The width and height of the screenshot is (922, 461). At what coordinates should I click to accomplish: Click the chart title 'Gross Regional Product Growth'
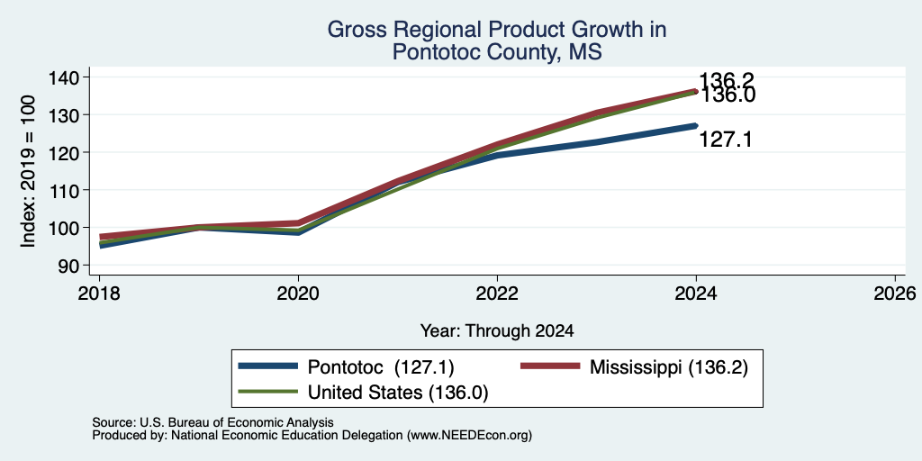pos(497,30)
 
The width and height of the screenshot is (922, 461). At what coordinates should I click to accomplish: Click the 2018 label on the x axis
pos(99,293)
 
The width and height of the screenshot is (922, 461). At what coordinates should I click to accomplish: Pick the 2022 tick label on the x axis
pos(497,293)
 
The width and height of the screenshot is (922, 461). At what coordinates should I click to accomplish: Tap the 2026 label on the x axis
pos(896,293)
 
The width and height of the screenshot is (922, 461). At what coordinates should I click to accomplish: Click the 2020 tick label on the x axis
pos(298,293)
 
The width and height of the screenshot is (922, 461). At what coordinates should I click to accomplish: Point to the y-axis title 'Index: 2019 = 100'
pos(28,171)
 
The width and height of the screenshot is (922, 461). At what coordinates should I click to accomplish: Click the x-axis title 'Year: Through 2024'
pos(497,331)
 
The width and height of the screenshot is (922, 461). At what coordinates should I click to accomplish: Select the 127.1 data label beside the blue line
pos(726,140)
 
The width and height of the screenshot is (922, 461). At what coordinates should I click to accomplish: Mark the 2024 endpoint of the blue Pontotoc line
pos(696,125)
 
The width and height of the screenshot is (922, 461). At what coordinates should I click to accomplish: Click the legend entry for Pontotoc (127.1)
pos(346,367)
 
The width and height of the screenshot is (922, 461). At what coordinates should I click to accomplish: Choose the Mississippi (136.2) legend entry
pos(635,367)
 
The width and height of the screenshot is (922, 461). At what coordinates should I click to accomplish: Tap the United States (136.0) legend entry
pos(363,393)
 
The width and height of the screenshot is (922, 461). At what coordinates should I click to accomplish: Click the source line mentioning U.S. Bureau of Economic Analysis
pos(212,422)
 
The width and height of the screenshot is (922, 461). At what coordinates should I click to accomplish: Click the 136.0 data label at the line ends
pos(727,95)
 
